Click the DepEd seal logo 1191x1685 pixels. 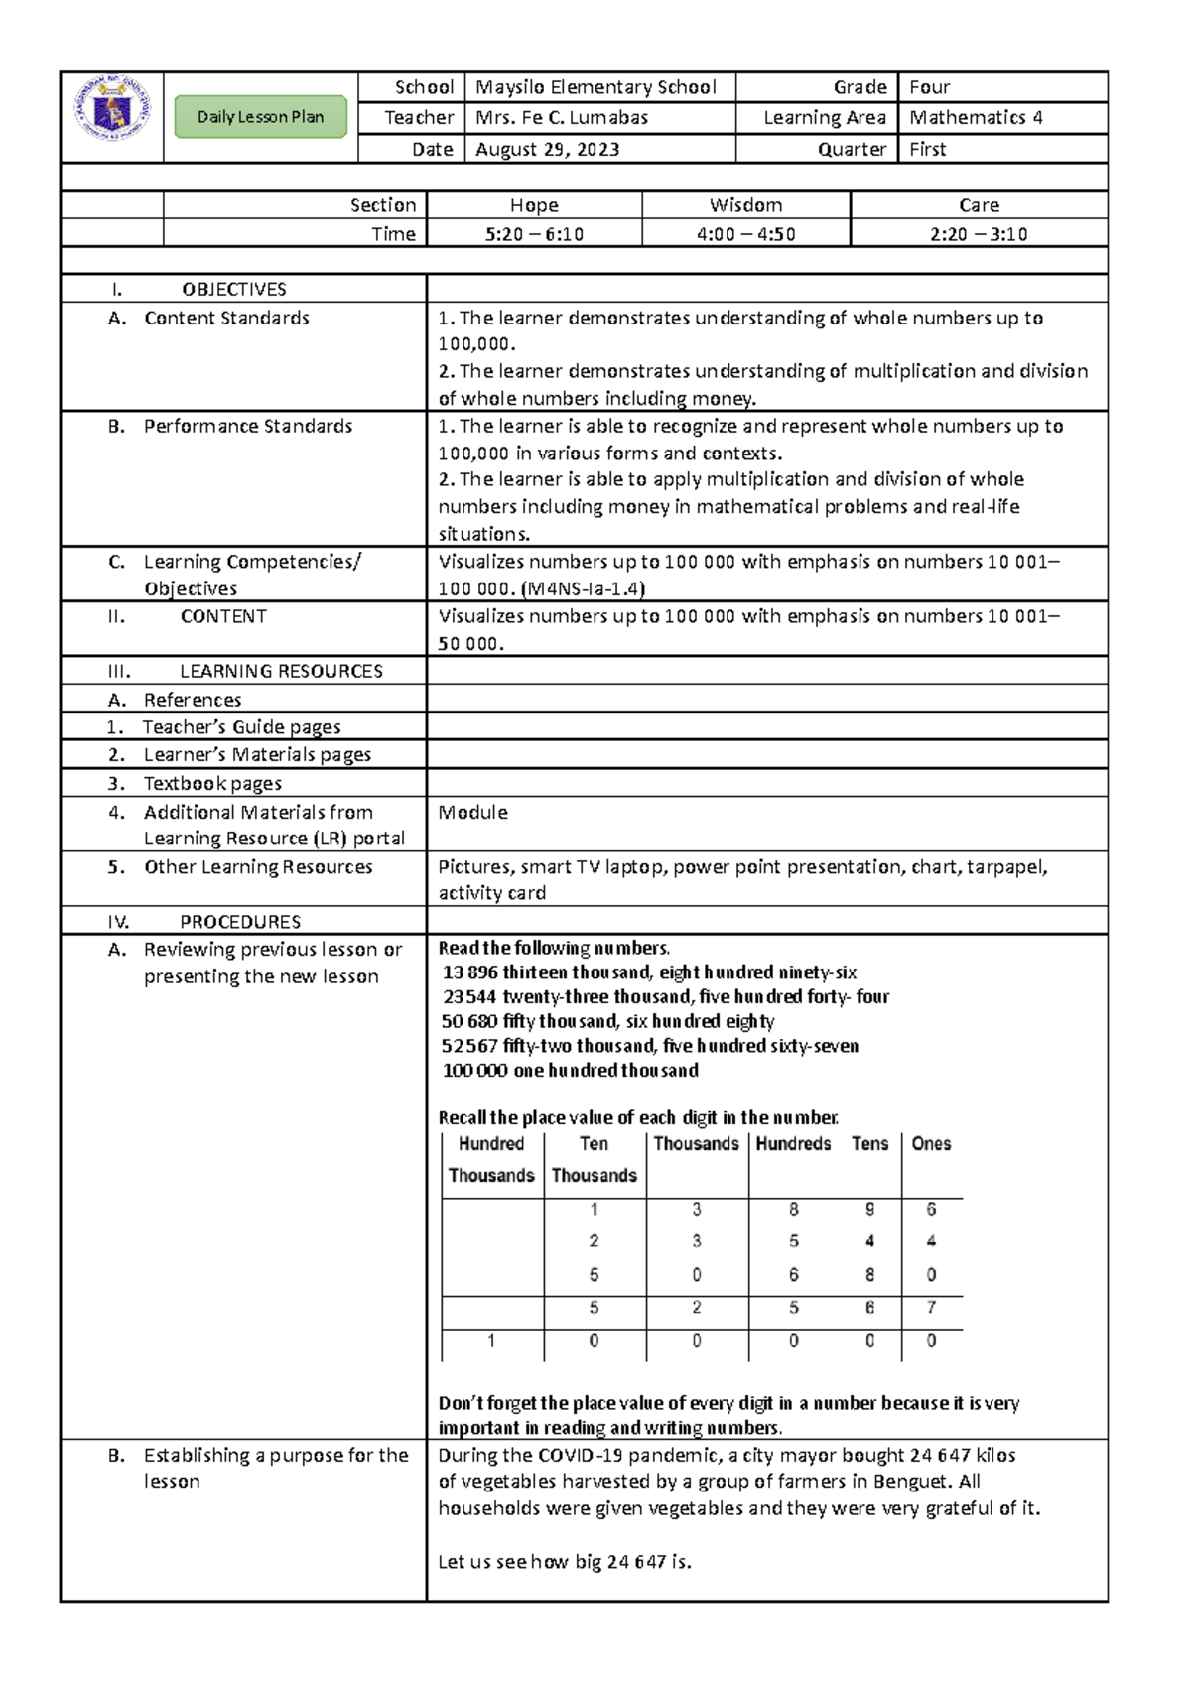112,109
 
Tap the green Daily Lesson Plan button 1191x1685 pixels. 260,117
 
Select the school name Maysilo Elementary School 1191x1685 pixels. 595,87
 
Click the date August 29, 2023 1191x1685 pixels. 548,150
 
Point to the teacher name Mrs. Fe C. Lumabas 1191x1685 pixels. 562,118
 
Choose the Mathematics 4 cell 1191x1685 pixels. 976,118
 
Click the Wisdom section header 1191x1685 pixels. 745,205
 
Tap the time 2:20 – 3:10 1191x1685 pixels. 979,234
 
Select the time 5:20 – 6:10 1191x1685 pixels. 534,234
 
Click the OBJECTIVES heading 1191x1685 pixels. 234,290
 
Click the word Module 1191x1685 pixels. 473,813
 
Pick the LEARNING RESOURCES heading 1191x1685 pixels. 281,672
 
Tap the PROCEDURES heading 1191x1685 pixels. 240,922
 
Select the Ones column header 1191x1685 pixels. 931,1144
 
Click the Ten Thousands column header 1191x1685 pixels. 594,1159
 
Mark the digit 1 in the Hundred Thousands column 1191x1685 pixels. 491,1341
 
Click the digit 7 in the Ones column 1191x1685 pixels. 931,1308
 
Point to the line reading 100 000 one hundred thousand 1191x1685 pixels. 571,1071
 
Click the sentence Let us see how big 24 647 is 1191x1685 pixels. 565,1562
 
